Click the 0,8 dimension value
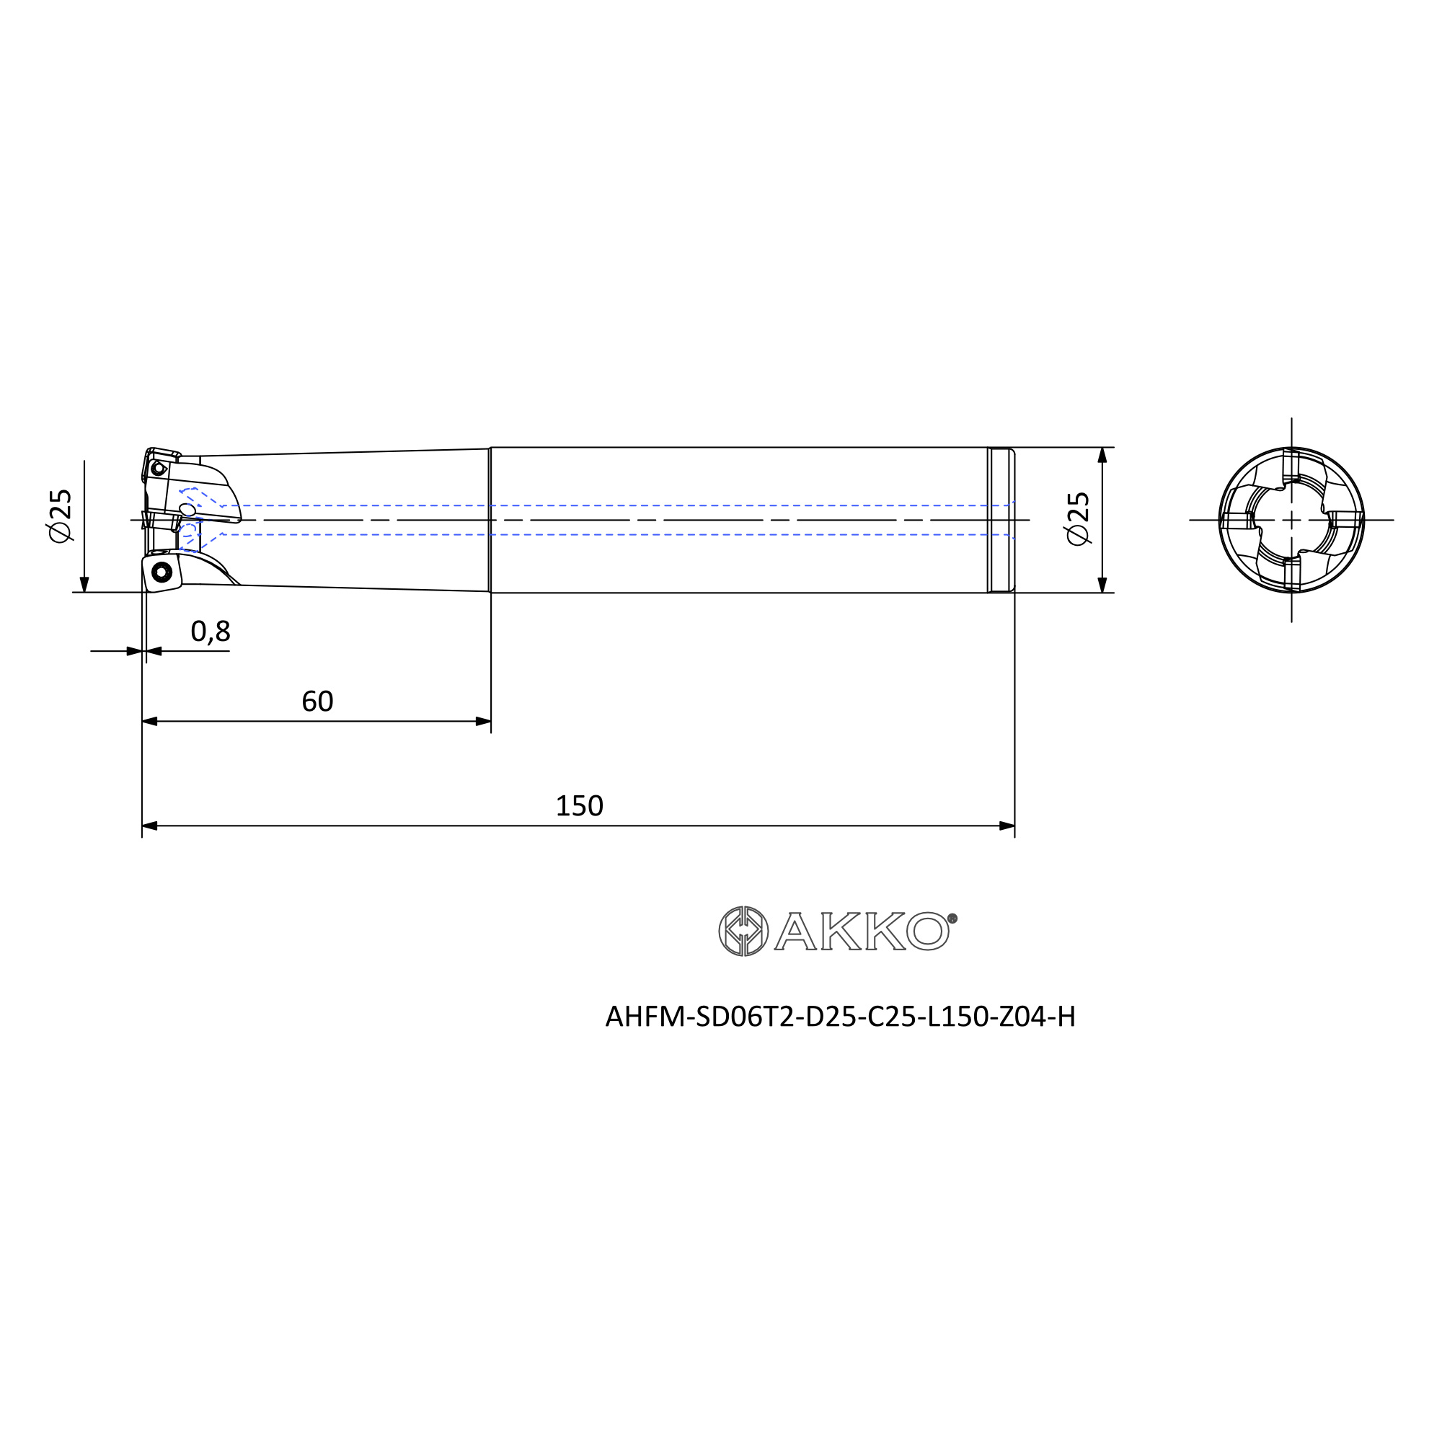(x=211, y=632)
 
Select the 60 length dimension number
(x=317, y=701)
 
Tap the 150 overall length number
(x=579, y=805)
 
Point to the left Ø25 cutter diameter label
(x=60, y=516)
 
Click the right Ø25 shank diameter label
(x=1079, y=518)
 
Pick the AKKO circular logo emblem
(x=743, y=931)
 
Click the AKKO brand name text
(x=862, y=931)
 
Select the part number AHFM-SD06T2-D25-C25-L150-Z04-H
(x=841, y=1017)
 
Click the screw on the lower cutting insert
(x=162, y=572)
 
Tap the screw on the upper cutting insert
(x=157, y=468)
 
